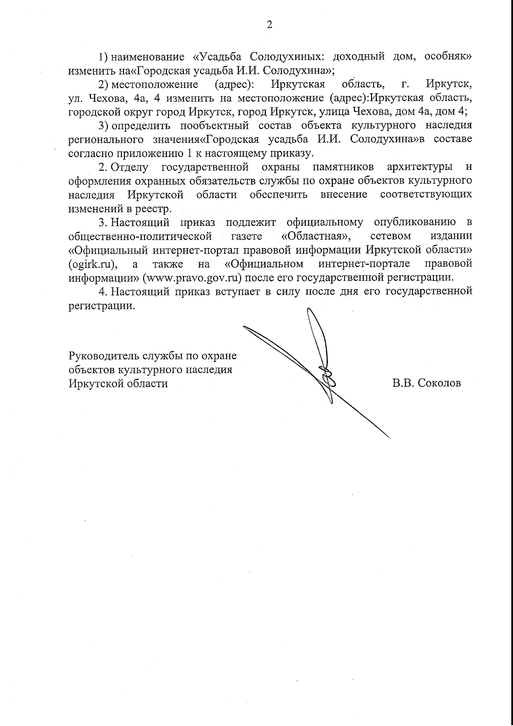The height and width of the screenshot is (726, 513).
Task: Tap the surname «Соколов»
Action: [439, 383]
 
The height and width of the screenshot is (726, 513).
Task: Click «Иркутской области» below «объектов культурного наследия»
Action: [118, 383]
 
